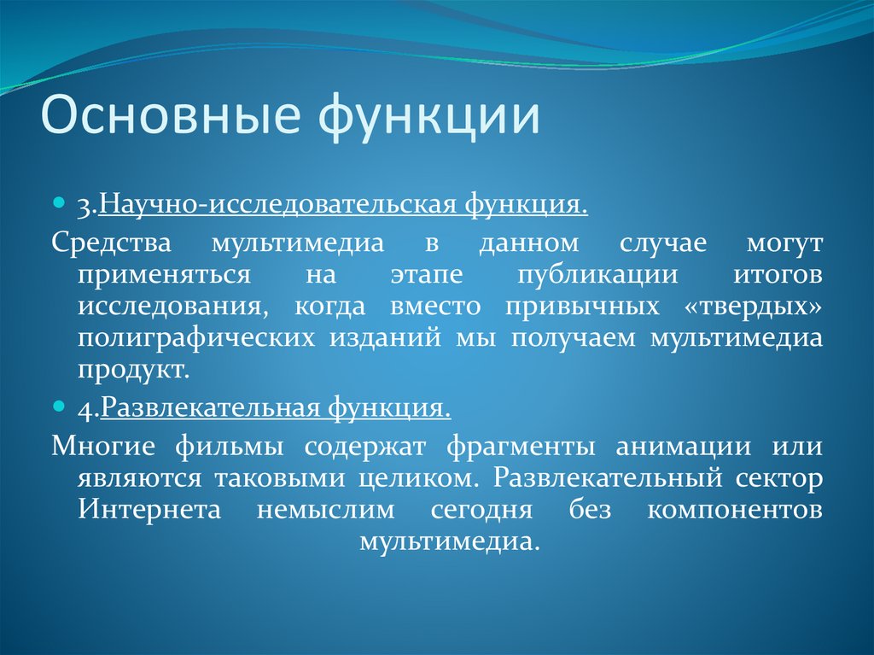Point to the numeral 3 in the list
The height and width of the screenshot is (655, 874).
pyautogui.click(x=85, y=207)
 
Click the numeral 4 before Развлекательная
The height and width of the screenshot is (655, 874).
pyautogui.click(x=86, y=410)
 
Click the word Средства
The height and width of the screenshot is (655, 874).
pyautogui.click(x=112, y=244)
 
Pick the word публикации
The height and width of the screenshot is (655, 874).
pyautogui.click(x=597, y=276)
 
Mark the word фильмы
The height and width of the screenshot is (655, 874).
pyautogui.click(x=229, y=447)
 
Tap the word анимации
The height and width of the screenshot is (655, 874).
pyautogui.click(x=684, y=447)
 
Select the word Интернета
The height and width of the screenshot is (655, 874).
pyautogui.click(x=149, y=510)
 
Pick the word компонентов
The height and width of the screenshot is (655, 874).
pyautogui.click(x=735, y=510)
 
